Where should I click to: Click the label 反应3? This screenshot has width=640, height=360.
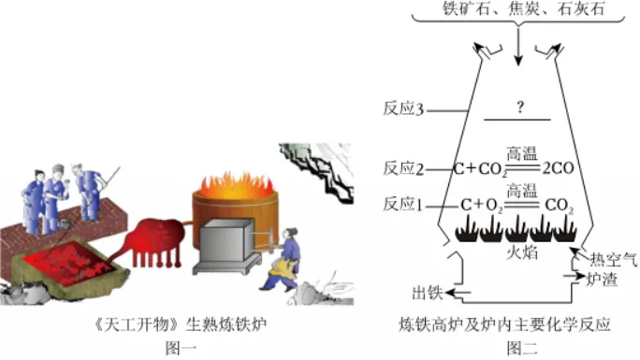(x=404, y=109)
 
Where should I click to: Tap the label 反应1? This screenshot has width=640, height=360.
(x=404, y=204)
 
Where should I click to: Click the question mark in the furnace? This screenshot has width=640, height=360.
(x=517, y=108)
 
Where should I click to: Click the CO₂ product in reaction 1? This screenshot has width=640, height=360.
(x=558, y=204)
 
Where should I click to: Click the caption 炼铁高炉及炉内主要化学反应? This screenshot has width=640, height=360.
(x=517, y=326)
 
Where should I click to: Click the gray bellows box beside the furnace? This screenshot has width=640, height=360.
(x=228, y=245)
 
